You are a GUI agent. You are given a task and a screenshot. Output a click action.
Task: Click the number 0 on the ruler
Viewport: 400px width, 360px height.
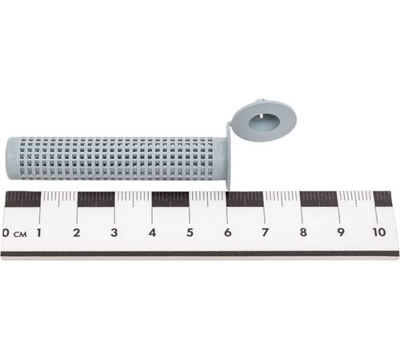click(6, 233)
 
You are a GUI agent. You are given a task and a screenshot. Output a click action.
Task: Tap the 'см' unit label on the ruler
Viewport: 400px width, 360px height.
click(20, 234)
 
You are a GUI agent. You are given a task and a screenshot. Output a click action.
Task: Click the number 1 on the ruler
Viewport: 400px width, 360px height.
click(39, 233)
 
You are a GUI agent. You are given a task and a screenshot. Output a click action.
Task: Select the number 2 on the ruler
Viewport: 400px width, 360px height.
click(77, 233)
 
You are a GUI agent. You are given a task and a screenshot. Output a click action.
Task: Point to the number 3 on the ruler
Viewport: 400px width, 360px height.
click(114, 233)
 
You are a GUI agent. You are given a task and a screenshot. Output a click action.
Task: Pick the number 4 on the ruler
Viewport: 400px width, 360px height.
click(152, 233)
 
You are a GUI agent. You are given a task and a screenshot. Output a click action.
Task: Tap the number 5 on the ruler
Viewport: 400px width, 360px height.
click(190, 233)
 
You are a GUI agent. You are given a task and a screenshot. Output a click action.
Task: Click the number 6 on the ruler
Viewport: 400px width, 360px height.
click(227, 233)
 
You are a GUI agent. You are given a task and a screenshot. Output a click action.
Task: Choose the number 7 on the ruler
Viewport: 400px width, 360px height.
click(265, 233)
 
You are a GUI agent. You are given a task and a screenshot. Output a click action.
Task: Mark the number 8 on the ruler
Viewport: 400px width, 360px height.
click(303, 233)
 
